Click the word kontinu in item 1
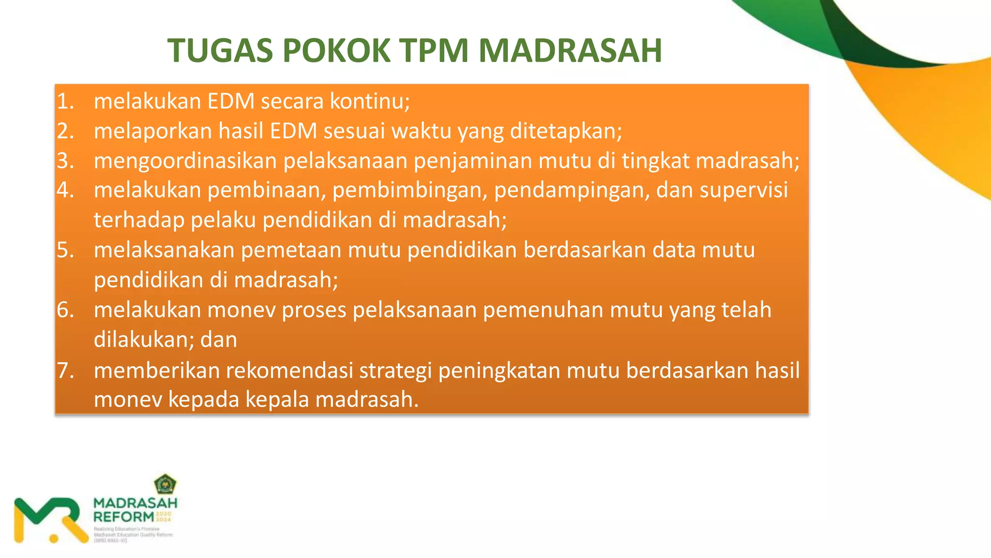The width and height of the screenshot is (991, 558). pyautogui.click(x=370, y=101)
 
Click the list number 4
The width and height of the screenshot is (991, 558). pyautogui.click(x=65, y=190)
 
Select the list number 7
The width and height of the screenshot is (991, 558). pyautogui.click(x=65, y=371)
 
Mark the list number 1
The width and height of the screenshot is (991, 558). pyautogui.click(x=65, y=101)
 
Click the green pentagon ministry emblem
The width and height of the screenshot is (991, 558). pyautogui.click(x=165, y=484)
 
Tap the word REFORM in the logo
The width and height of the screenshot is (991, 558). pyautogui.click(x=124, y=517)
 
